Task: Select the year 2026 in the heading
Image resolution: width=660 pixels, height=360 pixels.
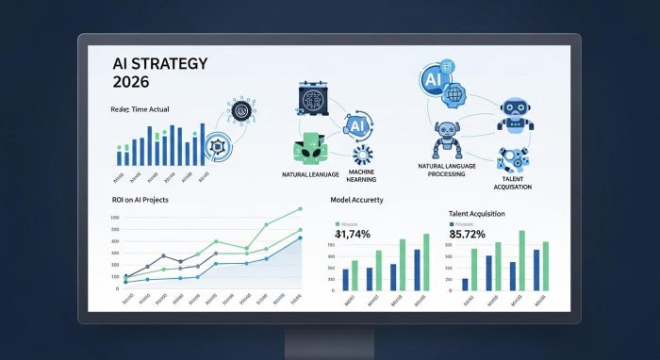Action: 133,83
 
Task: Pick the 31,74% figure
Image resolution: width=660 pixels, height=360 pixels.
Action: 359,234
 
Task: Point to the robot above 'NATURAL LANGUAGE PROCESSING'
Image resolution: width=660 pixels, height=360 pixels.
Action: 446,139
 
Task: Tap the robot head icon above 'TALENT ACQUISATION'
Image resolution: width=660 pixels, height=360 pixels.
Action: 515,111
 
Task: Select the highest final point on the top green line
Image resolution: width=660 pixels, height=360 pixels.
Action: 299,208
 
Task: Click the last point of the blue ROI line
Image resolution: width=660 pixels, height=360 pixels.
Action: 300,237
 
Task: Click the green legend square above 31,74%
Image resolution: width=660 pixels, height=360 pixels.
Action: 338,224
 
